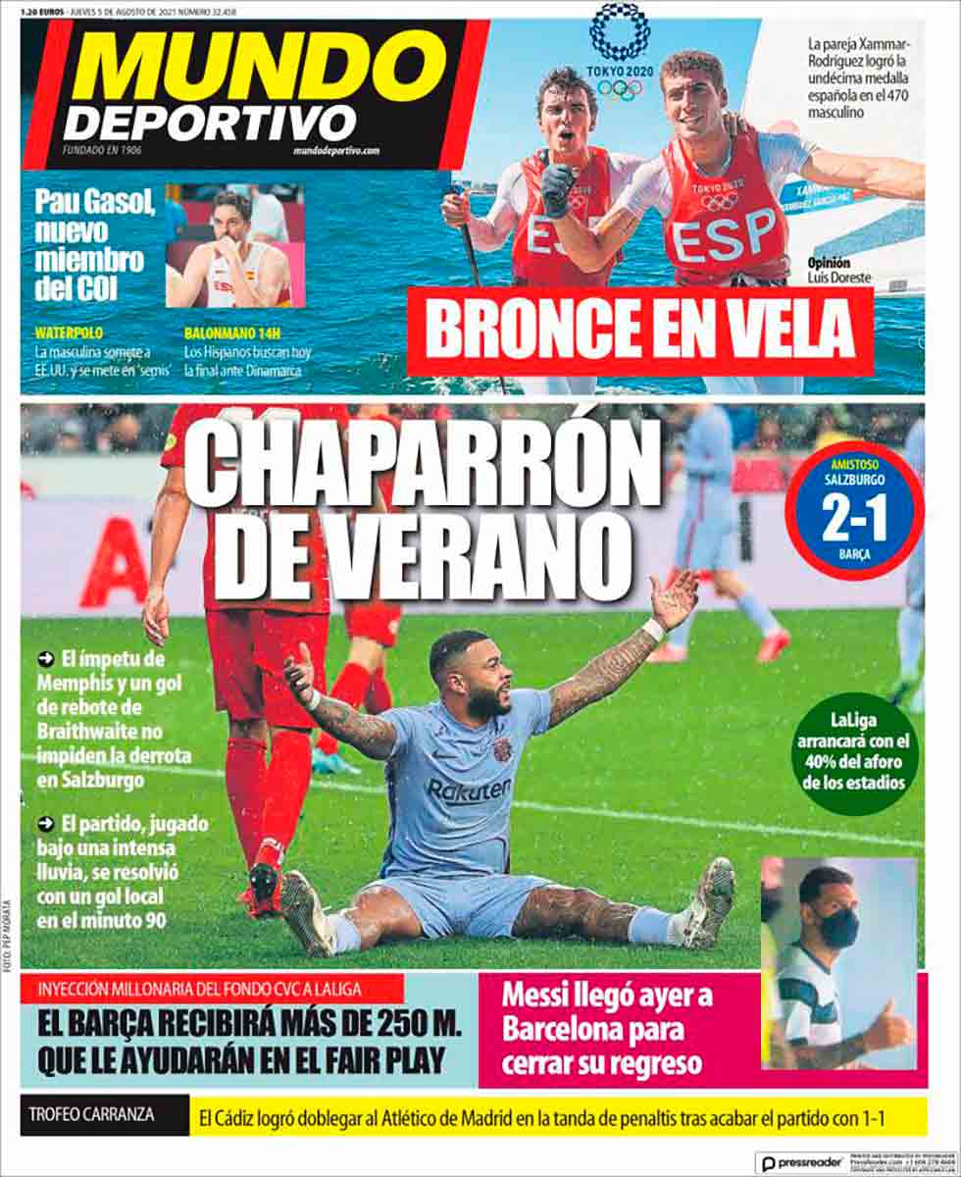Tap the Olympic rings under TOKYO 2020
point(619,89)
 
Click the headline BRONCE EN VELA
point(639,333)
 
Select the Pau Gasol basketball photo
point(235,246)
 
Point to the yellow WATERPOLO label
point(69,333)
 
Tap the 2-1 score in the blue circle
point(853,524)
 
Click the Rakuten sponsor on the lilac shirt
point(469,791)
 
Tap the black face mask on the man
point(837,926)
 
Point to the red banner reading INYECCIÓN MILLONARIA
point(211,988)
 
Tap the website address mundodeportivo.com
point(336,151)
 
